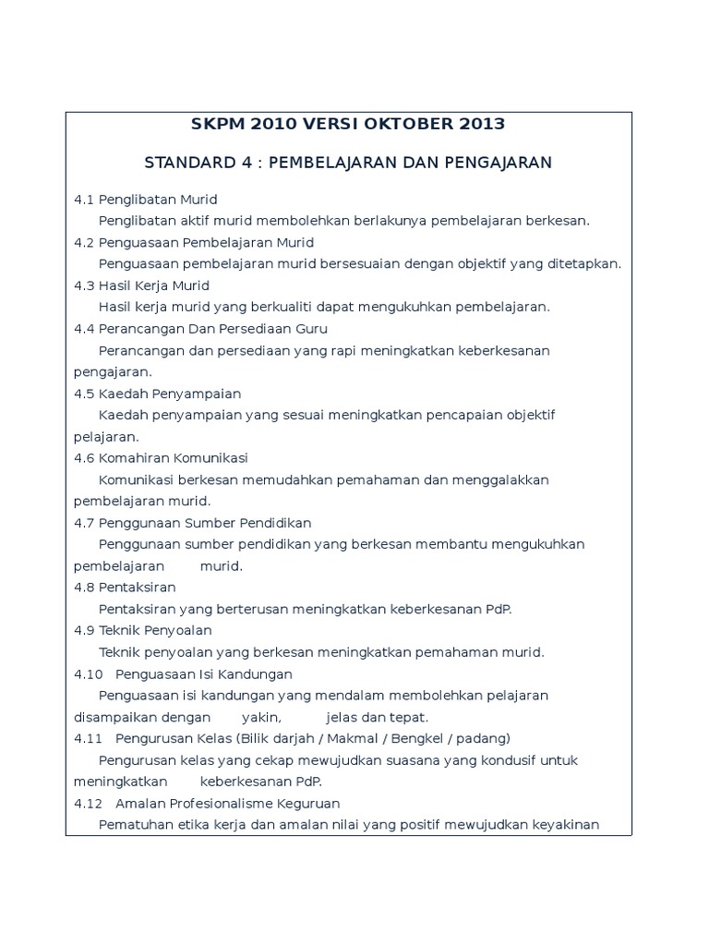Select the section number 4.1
point(84,200)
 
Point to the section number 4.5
point(84,394)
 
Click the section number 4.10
point(88,674)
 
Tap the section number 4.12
point(88,804)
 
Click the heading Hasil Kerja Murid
point(154,285)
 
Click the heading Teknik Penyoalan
point(155,631)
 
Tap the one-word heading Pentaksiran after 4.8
point(137,588)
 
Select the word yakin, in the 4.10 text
point(262,718)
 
